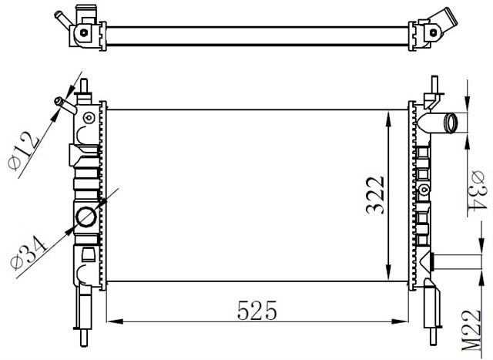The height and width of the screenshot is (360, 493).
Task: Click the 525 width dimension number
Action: coord(257,310)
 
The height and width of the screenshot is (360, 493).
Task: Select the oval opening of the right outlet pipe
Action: coord(452,123)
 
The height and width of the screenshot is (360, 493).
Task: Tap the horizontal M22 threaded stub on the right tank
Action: coord(448,262)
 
